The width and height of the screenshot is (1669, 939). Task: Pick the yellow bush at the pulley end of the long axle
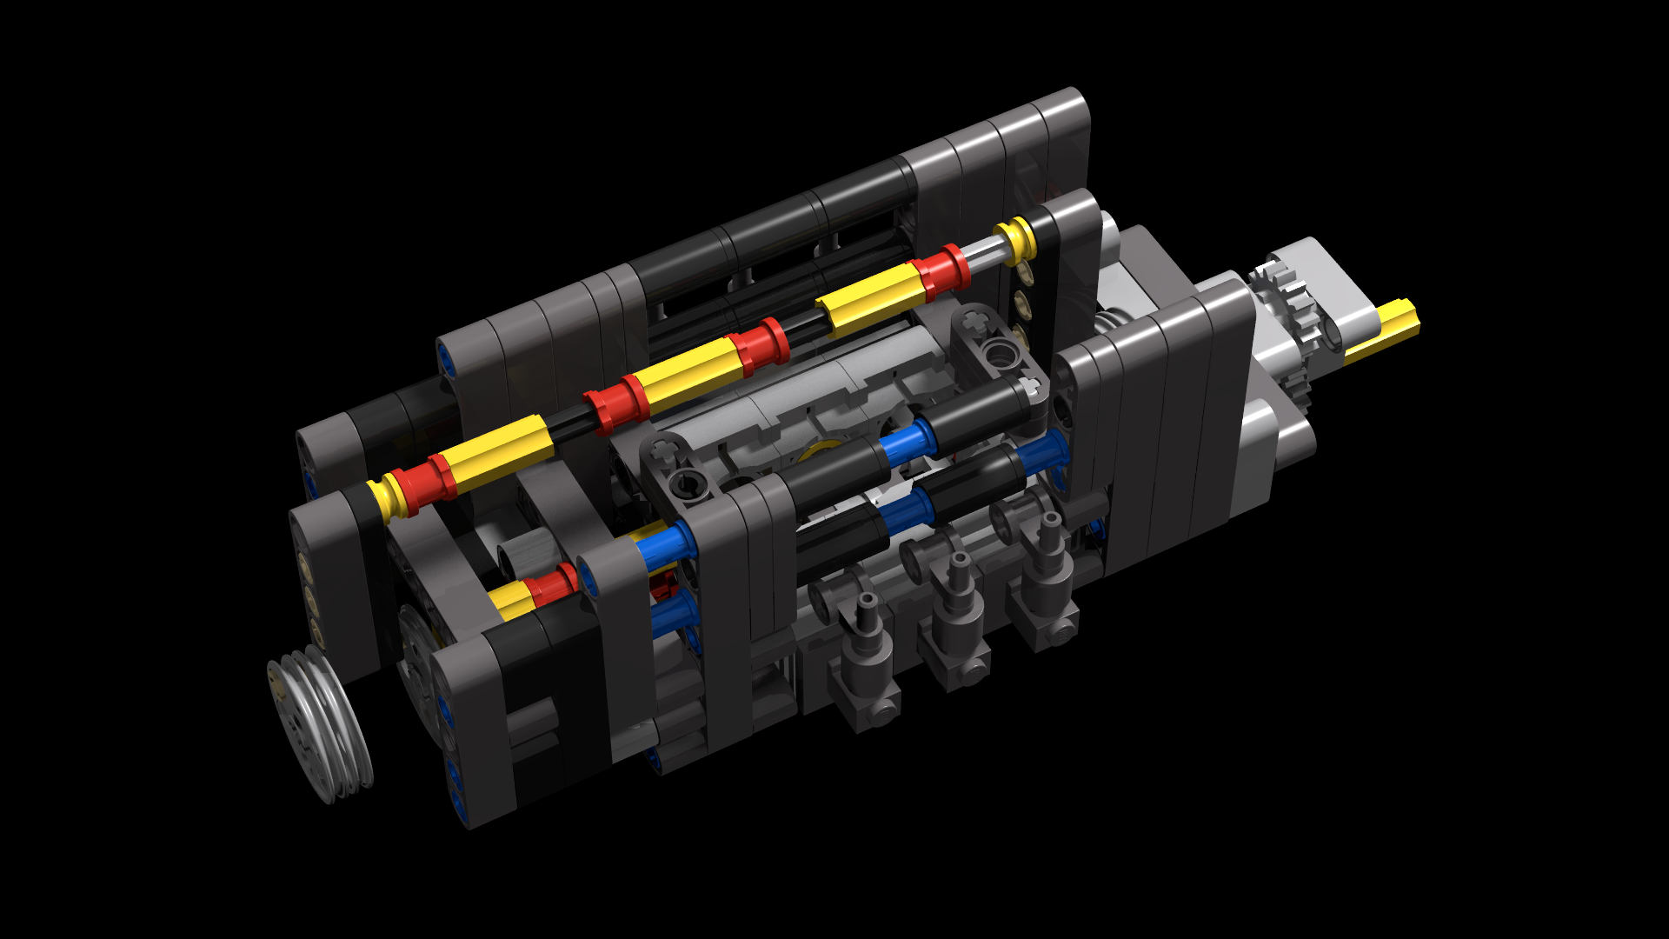click(382, 499)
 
